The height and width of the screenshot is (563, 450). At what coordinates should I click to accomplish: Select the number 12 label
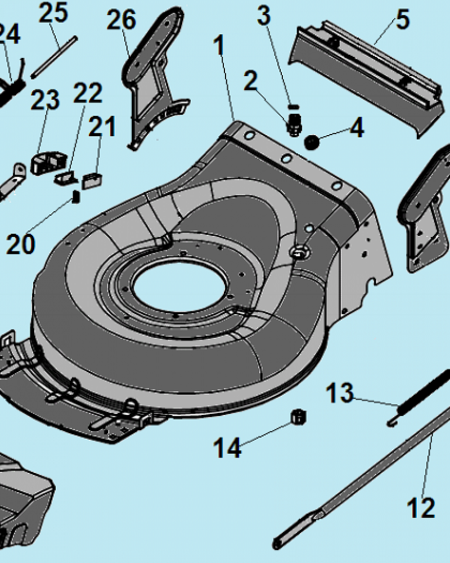[420, 508]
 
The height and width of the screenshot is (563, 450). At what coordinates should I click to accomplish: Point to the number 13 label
[340, 393]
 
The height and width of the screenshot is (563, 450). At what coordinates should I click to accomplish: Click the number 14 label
[227, 449]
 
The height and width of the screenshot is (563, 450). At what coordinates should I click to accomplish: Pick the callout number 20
[21, 244]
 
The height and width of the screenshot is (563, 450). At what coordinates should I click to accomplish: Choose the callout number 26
[121, 21]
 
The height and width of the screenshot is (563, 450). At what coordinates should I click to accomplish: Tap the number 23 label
[45, 100]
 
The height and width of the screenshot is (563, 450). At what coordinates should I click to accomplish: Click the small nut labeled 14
[299, 417]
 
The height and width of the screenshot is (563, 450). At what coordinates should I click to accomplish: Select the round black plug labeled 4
[312, 141]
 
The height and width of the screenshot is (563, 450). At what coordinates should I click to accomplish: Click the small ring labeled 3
[291, 106]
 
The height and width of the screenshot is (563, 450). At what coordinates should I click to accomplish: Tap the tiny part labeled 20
[76, 196]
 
